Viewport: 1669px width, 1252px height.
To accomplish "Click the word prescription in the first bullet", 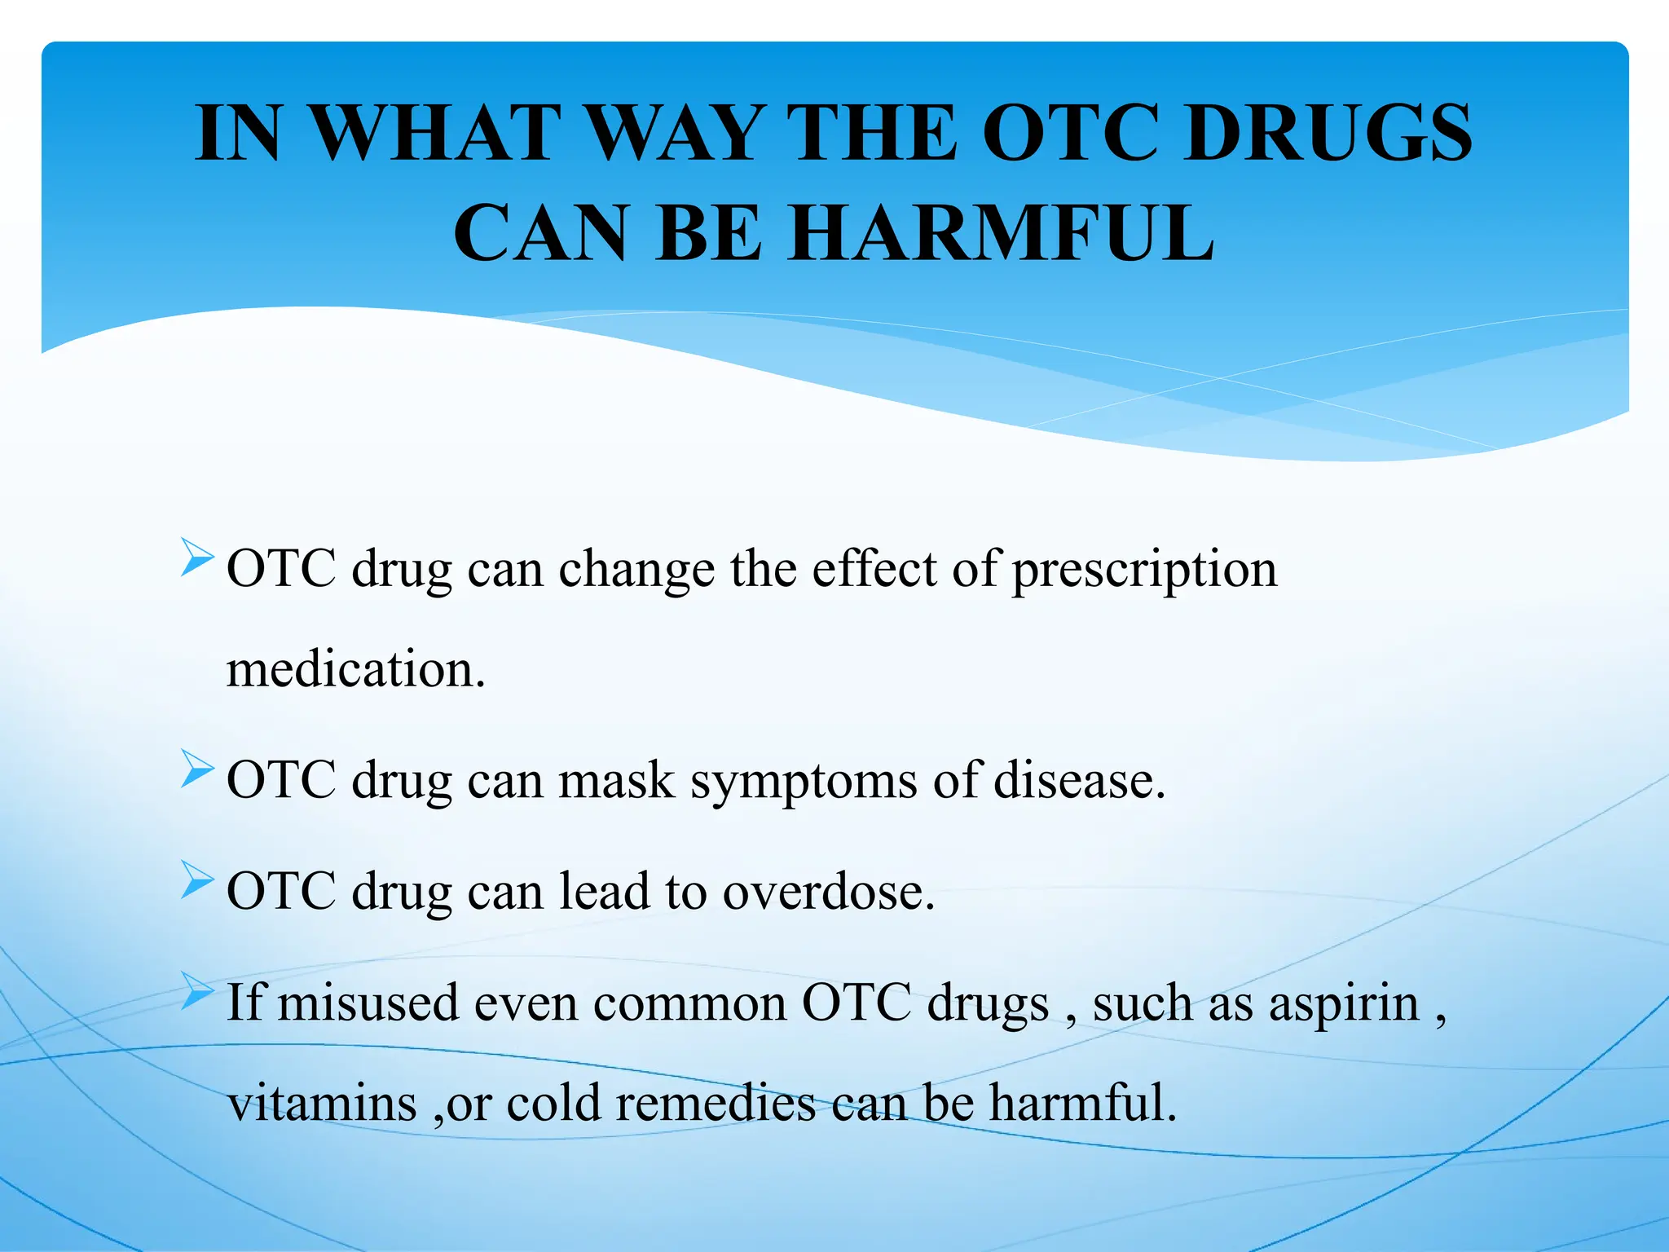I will (x=1144, y=570).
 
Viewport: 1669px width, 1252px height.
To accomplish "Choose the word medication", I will (x=355, y=669).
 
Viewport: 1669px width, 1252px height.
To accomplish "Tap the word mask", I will (x=616, y=780).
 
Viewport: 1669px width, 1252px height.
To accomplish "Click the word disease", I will (x=1079, y=780).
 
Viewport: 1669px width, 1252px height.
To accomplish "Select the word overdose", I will (x=828, y=891).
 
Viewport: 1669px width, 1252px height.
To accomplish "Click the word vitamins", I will (x=323, y=1103).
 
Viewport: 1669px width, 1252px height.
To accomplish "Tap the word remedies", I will (x=716, y=1103).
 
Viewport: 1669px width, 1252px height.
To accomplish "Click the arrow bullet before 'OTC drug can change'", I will (x=197, y=558).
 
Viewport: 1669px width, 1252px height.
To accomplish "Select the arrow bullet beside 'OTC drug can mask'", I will (x=197, y=769).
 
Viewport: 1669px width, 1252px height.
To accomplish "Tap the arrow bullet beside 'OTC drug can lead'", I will (x=197, y=880).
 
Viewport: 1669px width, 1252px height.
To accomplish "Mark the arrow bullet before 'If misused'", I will (x=197, y=990).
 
